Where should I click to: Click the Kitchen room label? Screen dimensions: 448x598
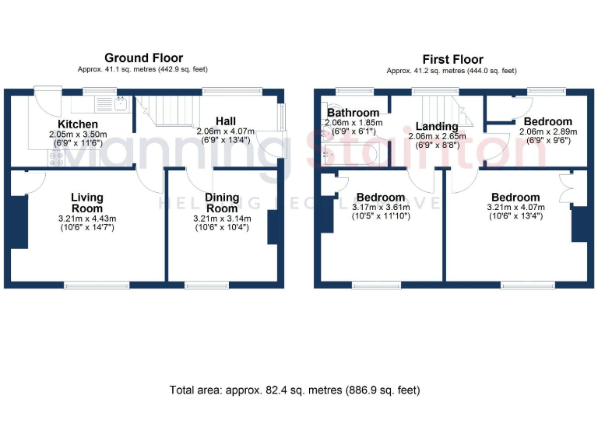[x=78, y=124]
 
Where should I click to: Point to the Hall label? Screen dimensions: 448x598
[x=226, y=121]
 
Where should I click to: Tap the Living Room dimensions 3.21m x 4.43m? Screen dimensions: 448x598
[x=87, y=219]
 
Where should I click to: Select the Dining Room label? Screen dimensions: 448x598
[x=222, y=203]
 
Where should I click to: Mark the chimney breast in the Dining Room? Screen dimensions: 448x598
[x=273, y=226]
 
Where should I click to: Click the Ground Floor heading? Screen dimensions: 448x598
[x=144, y=58]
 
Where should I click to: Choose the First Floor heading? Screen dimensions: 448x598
[x=452, y=59]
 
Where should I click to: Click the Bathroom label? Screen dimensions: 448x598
[x=353, y=113]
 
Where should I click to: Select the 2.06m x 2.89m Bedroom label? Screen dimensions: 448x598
[x=547, y=122]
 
